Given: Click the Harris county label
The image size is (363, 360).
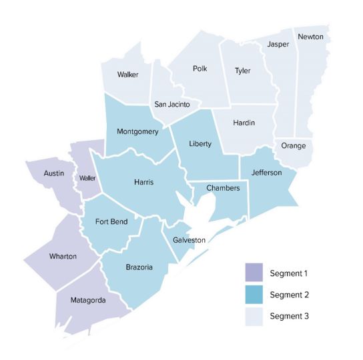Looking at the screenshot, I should click(x=145, y=181).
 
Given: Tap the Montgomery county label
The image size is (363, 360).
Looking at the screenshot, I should click(x=137, y=131).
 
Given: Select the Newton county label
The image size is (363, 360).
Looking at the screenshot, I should click(x=310, y=36).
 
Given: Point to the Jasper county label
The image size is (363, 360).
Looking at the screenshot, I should click(x=278, y=45).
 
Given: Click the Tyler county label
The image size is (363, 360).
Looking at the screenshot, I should click(x=242, y=70).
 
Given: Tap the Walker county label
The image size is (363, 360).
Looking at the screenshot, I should click(x=127, y=74).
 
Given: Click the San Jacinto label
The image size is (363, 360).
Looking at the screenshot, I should click(x=172, y=105).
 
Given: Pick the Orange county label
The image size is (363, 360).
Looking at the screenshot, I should click(x=294, y=145).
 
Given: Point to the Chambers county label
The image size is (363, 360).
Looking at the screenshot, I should click(x=223, y=188).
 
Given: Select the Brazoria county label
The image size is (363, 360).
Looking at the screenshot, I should click(x=139, y=267).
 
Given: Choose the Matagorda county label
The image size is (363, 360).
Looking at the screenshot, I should click(x=89, y=301).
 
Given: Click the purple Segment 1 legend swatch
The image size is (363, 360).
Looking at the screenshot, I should click(x=254, y=273).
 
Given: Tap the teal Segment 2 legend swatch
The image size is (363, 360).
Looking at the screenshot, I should click(x=254, y=294).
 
